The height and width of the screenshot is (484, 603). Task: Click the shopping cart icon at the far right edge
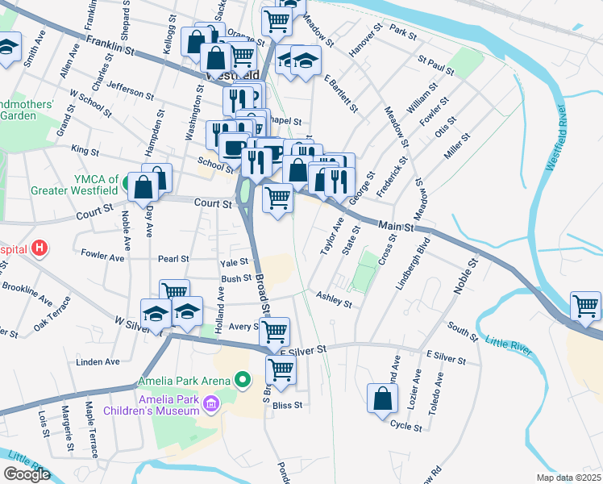tap(585, 305)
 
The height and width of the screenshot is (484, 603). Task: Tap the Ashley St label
tap(334, 300)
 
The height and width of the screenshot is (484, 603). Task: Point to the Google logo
tap(27, 474)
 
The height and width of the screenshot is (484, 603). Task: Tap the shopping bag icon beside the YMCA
tap(143, 187)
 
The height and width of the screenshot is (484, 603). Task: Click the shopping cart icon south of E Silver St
tap(281, 369)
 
